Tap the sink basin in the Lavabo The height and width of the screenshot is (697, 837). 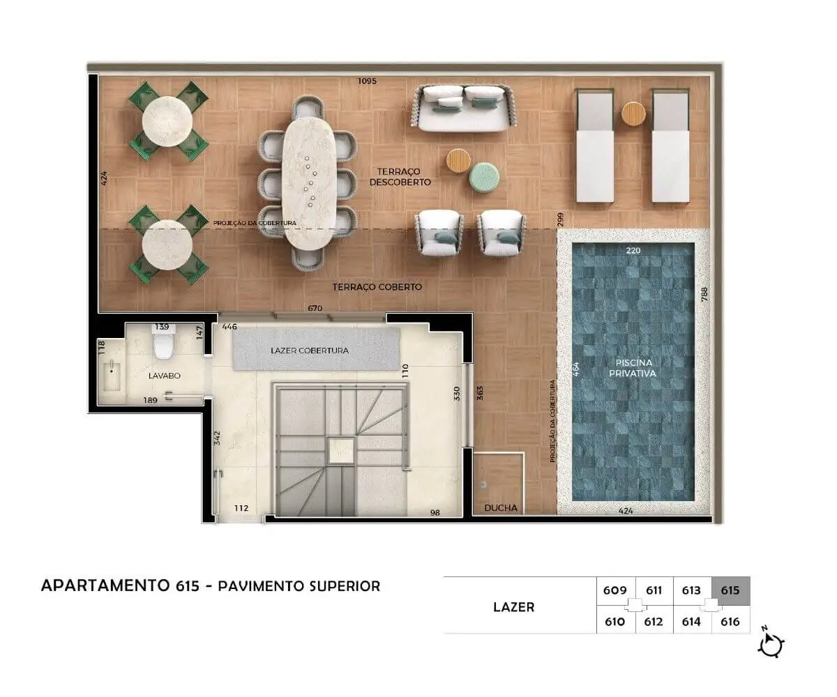click(112, 376)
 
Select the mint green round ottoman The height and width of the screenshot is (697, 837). click(484, 177)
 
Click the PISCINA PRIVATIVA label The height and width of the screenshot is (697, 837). click(633, 368)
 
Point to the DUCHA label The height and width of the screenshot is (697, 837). click(501, 508)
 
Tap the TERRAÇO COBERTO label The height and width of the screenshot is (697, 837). click(377, 286)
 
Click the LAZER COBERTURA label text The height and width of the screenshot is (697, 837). click(310, 351)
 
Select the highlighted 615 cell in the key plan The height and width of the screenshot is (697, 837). click(731, 590)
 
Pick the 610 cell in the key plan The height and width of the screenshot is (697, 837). click(615, 622)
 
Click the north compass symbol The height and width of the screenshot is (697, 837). click(771, 645)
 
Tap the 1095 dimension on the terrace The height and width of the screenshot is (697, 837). click(367, 81)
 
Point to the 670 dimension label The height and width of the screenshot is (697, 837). click(315, 308)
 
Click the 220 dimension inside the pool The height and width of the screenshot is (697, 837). click(633, 250)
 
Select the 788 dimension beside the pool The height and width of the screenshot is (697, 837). click(704, 294)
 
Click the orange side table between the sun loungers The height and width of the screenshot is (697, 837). click(633, 114)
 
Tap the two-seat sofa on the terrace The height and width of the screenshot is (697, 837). click(464, 108)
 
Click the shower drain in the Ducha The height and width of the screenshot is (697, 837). click(483, 484)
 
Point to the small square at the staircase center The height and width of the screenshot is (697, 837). click(341, 451)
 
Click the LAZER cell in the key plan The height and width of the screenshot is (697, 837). click(514, 607)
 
